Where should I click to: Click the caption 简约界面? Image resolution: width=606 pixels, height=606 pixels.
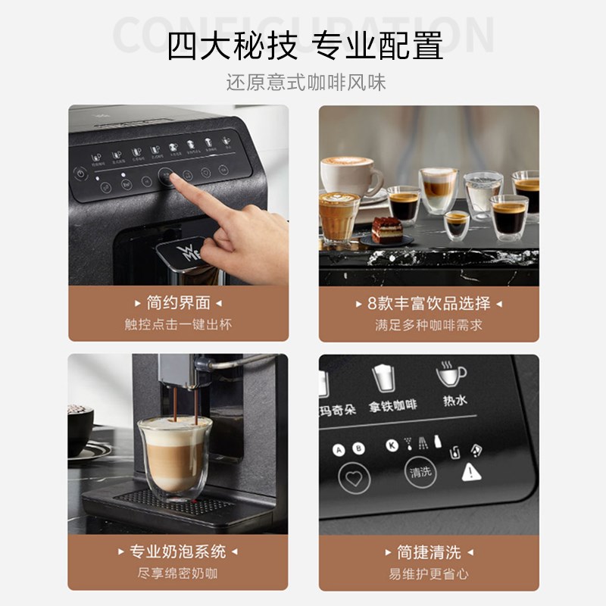178,303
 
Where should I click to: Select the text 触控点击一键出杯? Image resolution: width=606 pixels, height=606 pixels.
178,324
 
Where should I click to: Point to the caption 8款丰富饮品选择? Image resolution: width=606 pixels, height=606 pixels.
429,303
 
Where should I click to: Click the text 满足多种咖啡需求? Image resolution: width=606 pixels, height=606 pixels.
429,324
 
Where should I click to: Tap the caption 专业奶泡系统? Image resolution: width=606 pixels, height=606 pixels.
178,551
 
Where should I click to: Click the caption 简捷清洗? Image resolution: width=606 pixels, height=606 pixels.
429,551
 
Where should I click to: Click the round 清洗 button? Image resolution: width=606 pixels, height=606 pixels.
420,472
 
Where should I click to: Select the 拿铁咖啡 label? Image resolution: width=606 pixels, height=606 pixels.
393,405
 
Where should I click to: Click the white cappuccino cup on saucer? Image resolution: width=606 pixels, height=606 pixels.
351,176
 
